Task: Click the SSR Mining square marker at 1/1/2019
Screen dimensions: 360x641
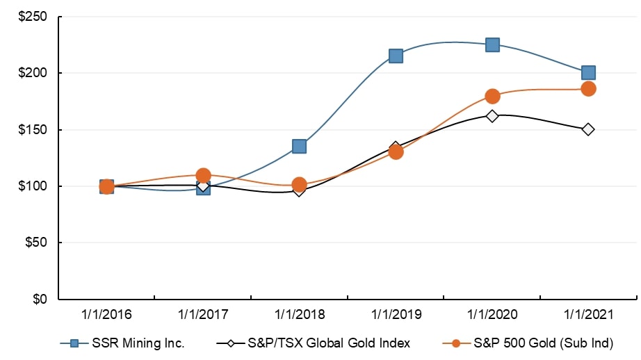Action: (x=396, y=56)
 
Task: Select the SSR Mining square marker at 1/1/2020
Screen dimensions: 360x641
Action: (x=492, y=45)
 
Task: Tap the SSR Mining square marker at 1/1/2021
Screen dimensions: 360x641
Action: (x=588, y=72)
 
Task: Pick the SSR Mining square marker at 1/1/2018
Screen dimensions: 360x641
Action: (x=300, y=146)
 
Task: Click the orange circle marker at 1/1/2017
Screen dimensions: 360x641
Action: (x=203, y=175)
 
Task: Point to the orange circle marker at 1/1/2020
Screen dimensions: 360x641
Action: (x=492, y=96)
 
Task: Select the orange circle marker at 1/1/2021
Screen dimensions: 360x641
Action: (x=588, y=88)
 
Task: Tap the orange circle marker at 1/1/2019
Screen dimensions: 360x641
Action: (x=396, y=152)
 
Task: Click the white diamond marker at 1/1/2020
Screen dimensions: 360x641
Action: (x=492, y=115)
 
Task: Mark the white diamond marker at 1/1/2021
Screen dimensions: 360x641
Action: (x=588, y=129)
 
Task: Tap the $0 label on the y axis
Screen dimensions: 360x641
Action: (x=39, y=300)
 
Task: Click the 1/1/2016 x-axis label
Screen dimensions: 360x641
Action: (x=106, y=315)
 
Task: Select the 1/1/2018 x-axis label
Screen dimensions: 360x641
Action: (x=300, y=315)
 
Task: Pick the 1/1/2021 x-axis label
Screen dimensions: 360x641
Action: (x=588, y=315)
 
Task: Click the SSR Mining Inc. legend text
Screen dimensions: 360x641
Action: (x=142, y=342)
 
